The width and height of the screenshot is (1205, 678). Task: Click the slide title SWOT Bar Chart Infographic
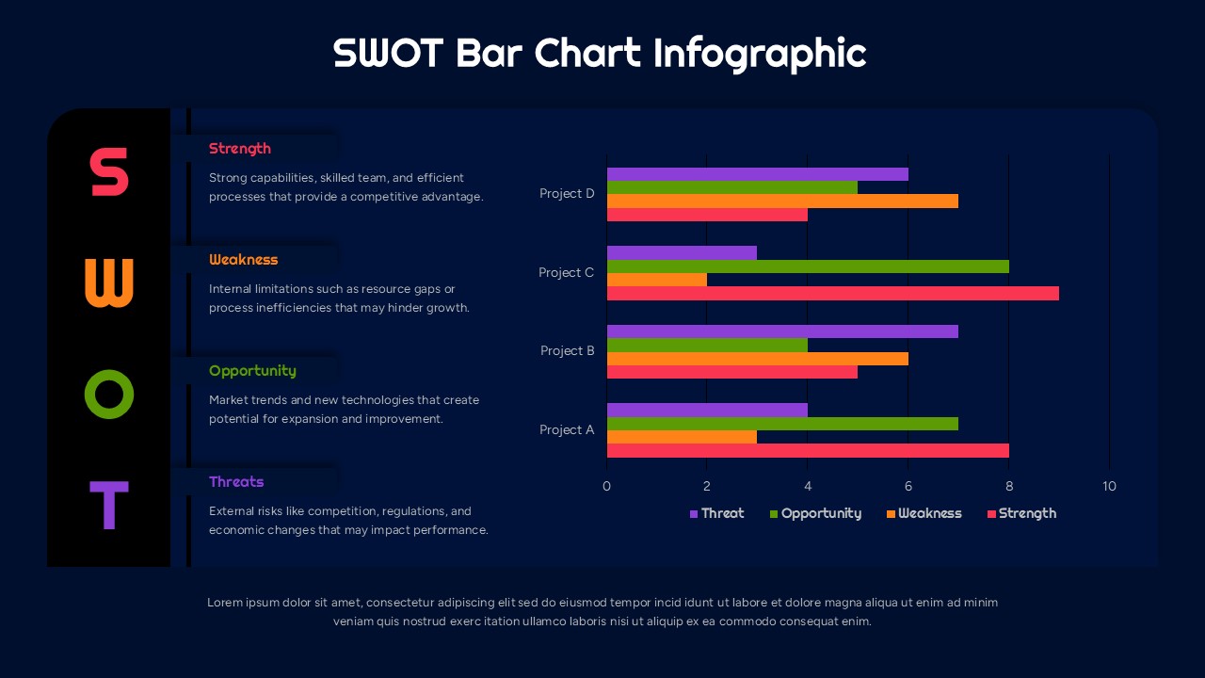(x=600, y=53)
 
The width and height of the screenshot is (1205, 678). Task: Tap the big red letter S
(x=109, y=172)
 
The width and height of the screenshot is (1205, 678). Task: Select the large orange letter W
(x=109, y=282)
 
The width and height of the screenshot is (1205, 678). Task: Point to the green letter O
(x=109, y=394)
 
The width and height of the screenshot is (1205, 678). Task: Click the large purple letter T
(x=108, y=505)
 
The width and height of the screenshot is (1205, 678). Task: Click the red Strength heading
(x=240, y=149)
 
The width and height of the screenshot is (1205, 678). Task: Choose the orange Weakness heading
(x=244, y=260)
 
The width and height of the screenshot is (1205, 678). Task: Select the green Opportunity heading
(x=252, y=371)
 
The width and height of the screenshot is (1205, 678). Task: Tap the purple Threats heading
(x=236, y=482)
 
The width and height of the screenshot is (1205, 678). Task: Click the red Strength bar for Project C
(x=832, y=294)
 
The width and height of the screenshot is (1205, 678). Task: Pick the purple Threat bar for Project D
(x=757, y=174)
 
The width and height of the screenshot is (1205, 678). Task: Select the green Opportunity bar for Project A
(x=781, y=424)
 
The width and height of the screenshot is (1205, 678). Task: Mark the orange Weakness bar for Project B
(x=757, y=359)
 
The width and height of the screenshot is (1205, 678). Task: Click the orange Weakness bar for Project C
(x=656, y=280)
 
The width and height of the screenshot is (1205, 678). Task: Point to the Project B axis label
(x=568, y=351)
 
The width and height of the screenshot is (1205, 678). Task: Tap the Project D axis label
(x=567, y=194)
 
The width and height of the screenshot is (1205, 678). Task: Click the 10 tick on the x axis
(x=1109, y=487)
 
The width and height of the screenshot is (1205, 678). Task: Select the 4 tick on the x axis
(x=808, y=487)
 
